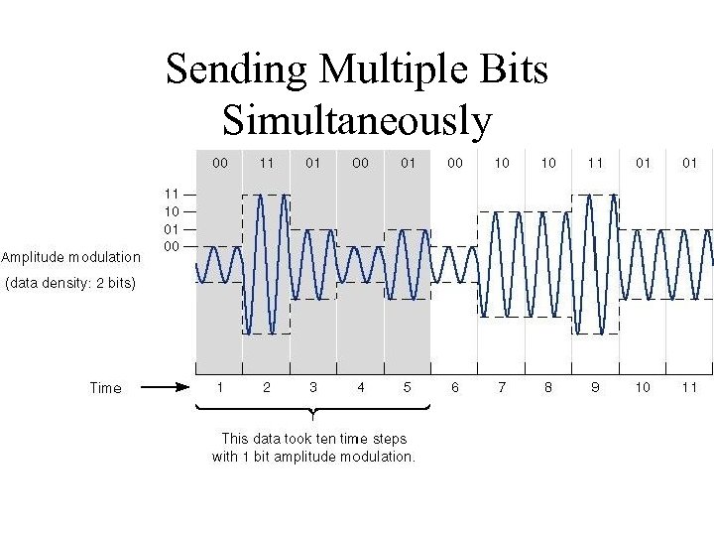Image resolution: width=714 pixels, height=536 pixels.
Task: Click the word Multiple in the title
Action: click(x=388, y=69)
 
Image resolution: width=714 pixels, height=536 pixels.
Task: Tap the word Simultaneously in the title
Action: click(x=357, y=120)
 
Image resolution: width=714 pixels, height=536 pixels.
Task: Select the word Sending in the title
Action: click(x=237, y=69)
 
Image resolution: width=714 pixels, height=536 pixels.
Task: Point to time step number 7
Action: click(x=502, y=387)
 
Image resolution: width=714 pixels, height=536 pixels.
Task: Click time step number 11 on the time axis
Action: click(x=689, y=387)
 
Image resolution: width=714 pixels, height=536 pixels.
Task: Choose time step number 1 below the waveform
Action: click(x=219, y=387)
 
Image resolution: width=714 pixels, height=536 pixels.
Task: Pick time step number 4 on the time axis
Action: click(x=360, y=387)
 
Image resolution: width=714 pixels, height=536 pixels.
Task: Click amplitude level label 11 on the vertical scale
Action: click(x=172, y=195)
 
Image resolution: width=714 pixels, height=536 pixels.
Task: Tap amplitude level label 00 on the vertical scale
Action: click(x=172, y=246)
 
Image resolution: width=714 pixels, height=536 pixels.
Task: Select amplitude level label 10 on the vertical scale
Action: click(x=172, y=211)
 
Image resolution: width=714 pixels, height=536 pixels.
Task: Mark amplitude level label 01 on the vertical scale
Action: click(x=172, y=229)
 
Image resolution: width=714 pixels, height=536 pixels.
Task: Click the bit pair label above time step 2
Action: click(x=266, y=163)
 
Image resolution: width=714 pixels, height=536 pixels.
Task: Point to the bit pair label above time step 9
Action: click(x=595, y=163)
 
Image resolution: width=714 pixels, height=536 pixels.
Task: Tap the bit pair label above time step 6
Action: click(x=454, y=163)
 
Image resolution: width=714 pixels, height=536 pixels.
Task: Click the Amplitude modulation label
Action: click(x=70, y=257)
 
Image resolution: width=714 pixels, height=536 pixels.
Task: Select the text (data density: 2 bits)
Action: click(x=70, y=284)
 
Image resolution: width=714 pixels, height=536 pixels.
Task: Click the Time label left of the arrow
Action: click(x=105, y=388)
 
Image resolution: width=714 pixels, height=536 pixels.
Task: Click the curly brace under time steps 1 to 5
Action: click(x=313, y=410)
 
